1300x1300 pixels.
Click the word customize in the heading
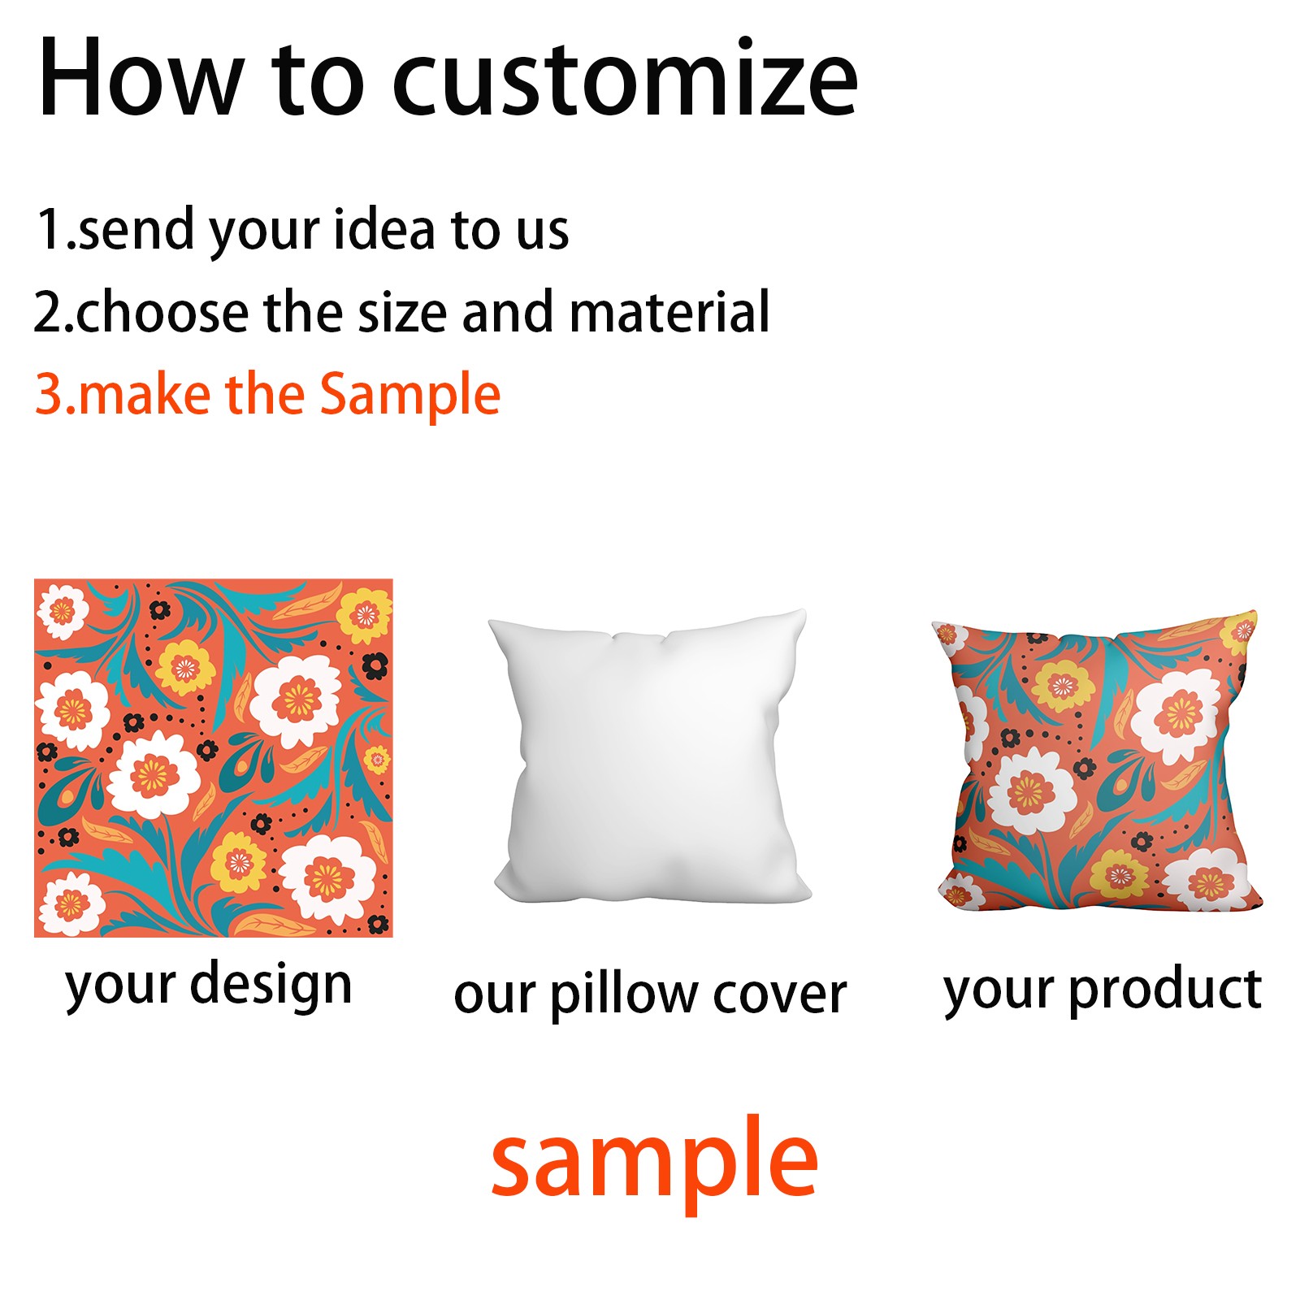625,79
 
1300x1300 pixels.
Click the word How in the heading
140,78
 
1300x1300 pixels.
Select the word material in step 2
669,311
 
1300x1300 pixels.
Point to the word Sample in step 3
409,396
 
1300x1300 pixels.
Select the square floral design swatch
214,758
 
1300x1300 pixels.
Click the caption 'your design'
209,985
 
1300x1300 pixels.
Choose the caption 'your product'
1103,990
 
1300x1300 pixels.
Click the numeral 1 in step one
50,229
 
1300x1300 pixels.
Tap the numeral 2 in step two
48,312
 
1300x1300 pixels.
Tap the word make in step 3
145,395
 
